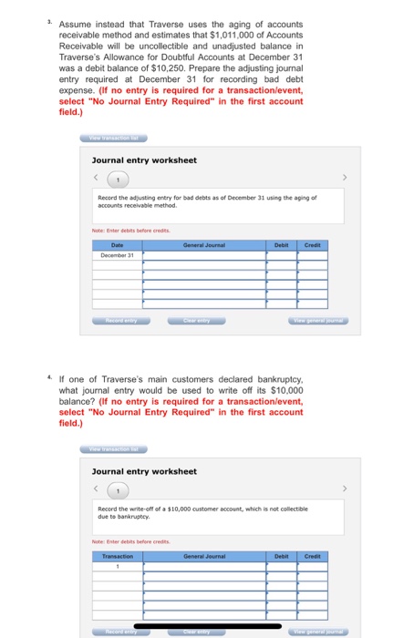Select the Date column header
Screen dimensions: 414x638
[118, 244]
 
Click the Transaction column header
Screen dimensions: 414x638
[118, 555]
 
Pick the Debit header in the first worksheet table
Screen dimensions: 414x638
[282, 244]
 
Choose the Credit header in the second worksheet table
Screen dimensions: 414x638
[313, 555]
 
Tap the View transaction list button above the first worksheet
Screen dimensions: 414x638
[114, 139]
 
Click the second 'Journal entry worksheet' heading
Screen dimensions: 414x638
[144, 471]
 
